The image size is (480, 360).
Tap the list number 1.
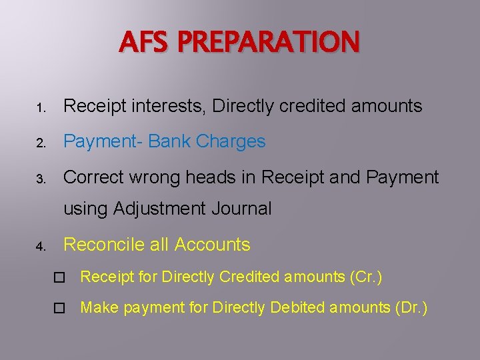(x=40, y=107)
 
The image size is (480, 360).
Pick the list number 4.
(x=40, y=247)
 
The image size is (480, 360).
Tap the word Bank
(x=169, y=141)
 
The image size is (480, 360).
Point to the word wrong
(x=151, y=177)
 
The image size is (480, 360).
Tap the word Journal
(x=241, y=209)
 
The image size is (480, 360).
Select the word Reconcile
(x=103, y=245)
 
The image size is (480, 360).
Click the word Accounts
(x=212, y=245)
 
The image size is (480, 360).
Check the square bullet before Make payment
(x=59, y=308)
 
